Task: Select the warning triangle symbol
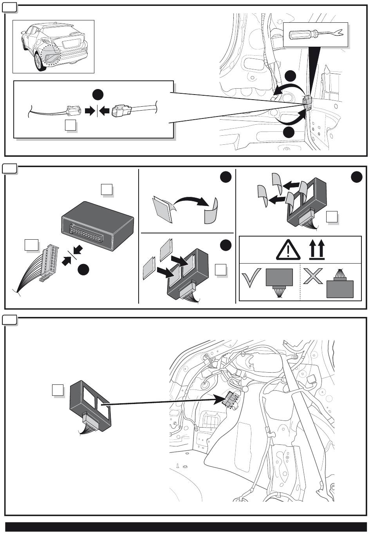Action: pyautogui.click(x=288, y=250)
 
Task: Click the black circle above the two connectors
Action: pyautogui.click(x=98, y=95)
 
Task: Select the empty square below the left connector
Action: pyautogui.click(x=70, y=126)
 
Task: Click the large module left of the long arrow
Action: pyautogui.click(x=90, y=406)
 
